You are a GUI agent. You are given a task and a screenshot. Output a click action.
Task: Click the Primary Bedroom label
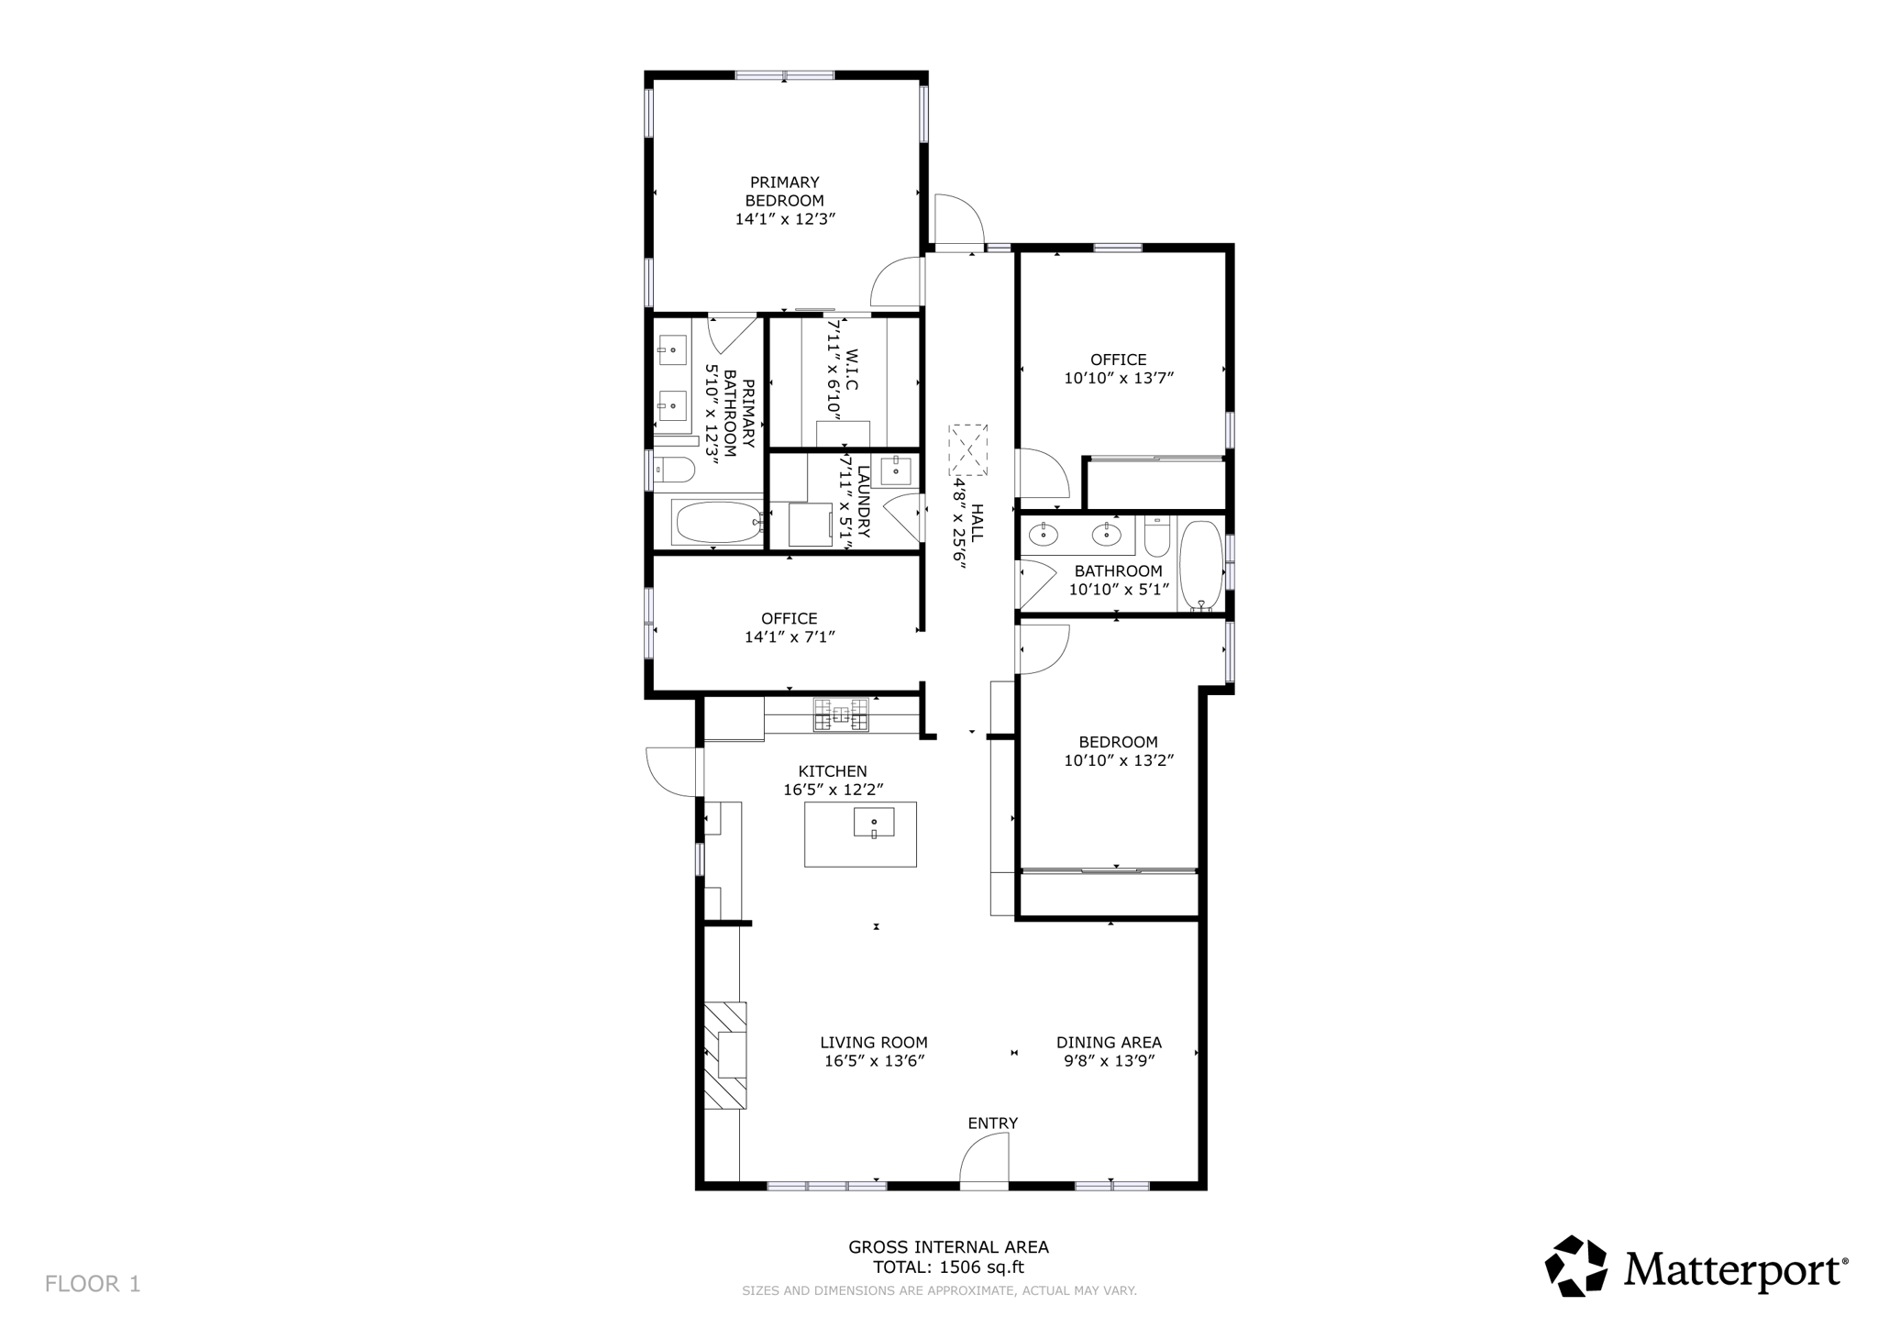pos(784,191)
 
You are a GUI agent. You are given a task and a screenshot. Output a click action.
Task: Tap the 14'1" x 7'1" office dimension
pos(789,636)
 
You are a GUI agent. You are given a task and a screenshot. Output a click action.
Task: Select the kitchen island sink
pos(874,822)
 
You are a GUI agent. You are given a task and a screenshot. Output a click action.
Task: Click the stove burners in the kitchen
pos(840,714)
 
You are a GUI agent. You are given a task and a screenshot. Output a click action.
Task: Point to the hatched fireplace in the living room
pos(724,1055)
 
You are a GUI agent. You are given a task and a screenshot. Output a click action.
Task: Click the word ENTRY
pos(992,1123)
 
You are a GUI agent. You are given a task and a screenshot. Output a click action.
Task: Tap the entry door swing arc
pos(983,1157)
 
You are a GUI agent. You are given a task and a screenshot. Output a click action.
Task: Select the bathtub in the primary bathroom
pos(717,523)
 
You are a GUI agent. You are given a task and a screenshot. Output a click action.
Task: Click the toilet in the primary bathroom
pos(674,470)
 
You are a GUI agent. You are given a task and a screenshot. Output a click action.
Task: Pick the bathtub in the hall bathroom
pos(1200,566)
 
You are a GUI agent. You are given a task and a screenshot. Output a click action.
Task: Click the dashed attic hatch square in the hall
pos(968,449)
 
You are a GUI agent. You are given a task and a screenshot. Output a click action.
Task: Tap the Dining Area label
pos(1108,1042)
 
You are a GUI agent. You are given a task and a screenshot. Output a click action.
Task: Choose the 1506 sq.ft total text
pos(948,1267)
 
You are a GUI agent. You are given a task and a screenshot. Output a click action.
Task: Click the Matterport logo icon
pos(1575,1266)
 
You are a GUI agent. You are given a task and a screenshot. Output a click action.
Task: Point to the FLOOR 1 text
pos(93,1283)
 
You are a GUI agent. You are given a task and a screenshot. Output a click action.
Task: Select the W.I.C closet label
pos(852,370)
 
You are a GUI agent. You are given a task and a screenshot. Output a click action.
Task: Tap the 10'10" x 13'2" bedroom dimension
pos(1118,760)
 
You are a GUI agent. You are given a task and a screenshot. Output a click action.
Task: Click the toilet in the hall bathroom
pos(1157,537)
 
